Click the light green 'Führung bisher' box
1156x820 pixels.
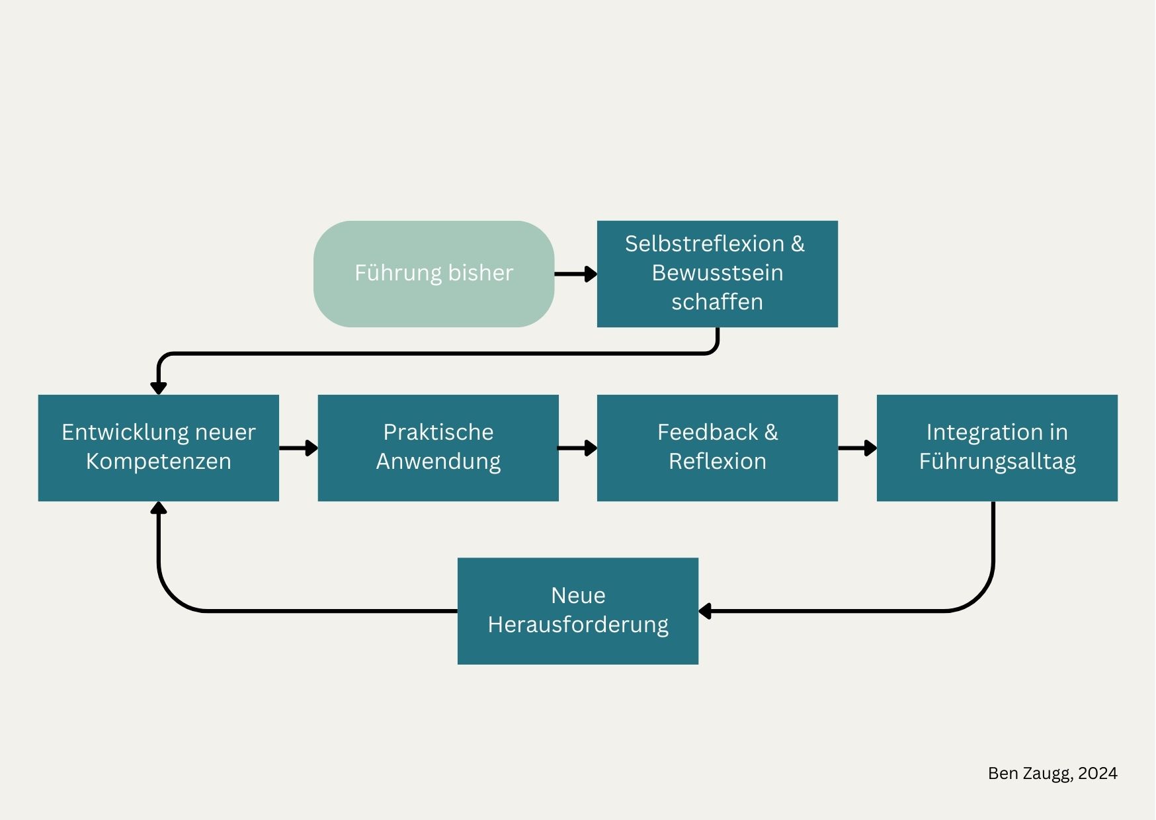434,274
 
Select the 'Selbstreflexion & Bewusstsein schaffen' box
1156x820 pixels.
718,274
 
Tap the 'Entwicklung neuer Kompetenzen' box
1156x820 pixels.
159,448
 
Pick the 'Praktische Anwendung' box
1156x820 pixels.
438,448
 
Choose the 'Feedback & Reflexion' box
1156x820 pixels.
718,448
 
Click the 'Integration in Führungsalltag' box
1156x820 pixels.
997,448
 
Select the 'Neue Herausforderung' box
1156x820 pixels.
578,611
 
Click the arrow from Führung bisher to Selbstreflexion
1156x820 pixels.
575,274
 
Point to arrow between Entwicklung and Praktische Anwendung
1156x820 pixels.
298,448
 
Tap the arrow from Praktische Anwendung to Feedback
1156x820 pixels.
578,448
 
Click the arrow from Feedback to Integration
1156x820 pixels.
857,448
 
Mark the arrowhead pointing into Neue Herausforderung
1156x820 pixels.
705,611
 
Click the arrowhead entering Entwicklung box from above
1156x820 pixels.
159,388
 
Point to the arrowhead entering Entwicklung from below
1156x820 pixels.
159,508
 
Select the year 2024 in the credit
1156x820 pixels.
1098,773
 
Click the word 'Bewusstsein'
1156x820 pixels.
718,272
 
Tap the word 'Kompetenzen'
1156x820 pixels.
159,462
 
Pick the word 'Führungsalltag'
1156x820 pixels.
997,462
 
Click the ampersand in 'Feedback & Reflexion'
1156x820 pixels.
771,432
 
